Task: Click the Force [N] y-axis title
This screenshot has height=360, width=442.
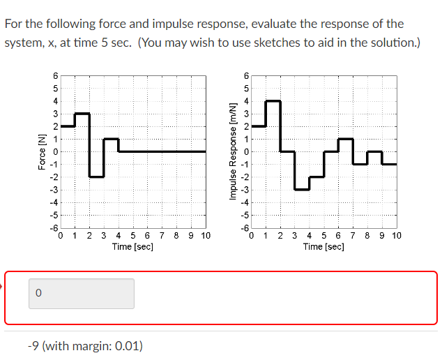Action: [43, 151]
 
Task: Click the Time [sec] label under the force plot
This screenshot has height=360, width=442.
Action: [132, 246]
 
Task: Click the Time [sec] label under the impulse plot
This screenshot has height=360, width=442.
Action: [323, 246]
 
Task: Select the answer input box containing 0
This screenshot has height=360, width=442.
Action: [82, 294]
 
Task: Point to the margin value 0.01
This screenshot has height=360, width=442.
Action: [127, 345]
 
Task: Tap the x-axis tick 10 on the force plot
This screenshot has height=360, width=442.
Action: [205, 236]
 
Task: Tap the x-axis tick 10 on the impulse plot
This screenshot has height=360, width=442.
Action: [396, 236]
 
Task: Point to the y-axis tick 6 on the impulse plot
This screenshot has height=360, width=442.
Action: [245, 75]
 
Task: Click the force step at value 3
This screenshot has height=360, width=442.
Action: [82, 113]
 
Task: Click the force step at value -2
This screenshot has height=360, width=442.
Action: [97, 177]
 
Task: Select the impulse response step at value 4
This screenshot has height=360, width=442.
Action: [273, 100]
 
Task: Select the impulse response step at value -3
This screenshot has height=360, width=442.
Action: [302, 189]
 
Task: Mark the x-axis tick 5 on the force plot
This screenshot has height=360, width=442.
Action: [133, 236]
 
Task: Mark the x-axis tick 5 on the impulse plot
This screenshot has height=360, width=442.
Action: [324, 236]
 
